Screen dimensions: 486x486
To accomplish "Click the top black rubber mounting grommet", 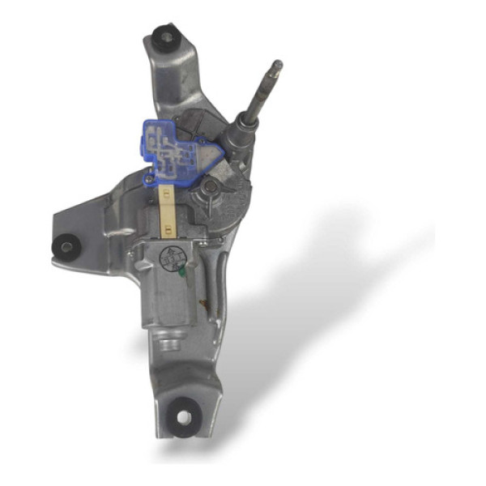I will pos(164,36).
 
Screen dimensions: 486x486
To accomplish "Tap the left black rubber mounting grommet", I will pos(64,245).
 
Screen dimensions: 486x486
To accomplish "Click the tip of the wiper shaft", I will pos(277,64).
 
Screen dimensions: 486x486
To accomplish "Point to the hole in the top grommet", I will pos(165,36).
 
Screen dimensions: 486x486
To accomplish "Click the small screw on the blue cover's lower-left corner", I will pos(149,176).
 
